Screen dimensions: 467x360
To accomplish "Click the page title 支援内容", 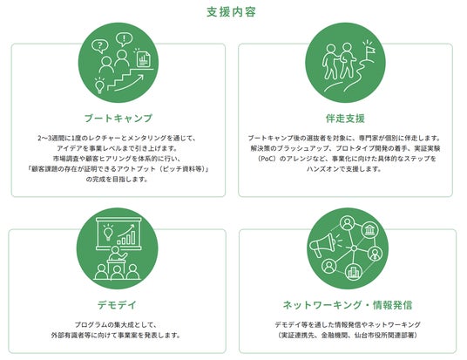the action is [232, 12].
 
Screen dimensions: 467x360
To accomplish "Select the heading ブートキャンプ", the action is [118, 119].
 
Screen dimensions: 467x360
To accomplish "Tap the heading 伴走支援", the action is [345, 119].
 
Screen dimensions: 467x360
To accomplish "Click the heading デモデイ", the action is [117, 305].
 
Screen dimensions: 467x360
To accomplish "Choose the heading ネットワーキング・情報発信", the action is [348, 305].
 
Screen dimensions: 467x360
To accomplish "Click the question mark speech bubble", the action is [100, 46].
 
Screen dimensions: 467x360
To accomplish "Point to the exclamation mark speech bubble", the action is [124, 39].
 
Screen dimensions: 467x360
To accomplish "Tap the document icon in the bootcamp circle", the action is [143, 59].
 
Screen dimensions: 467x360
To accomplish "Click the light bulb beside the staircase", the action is [99, 85].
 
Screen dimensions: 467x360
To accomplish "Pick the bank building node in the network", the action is [369, 230].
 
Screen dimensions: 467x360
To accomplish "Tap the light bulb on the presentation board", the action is [108, 232].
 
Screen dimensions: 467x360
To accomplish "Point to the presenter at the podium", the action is [117, 255].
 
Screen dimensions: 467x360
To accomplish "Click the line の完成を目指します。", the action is [117, 179].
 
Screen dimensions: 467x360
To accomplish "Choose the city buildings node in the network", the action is [353, 272].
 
